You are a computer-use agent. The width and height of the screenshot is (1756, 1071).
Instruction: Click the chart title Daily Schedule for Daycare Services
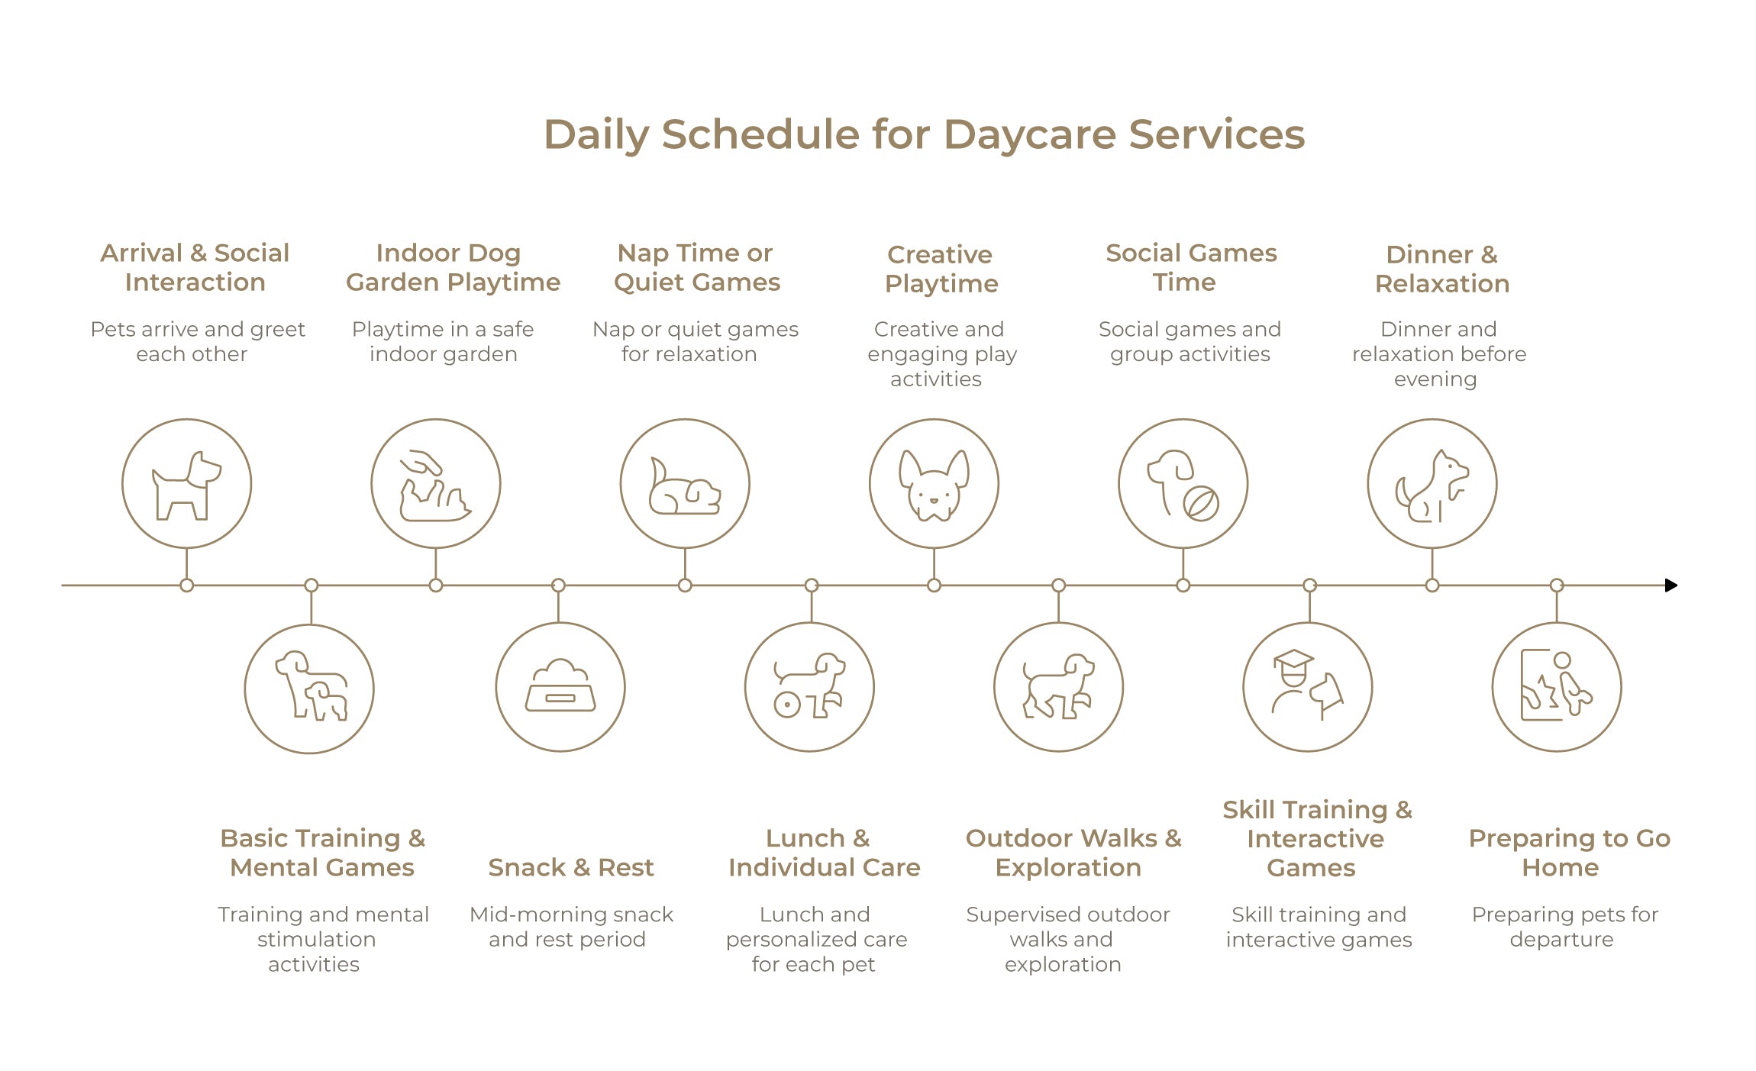click(924, 134)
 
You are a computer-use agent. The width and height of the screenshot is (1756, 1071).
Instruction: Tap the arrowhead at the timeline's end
click(1671, 586)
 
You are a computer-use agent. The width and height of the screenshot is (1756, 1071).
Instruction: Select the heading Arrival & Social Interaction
click(195, 267)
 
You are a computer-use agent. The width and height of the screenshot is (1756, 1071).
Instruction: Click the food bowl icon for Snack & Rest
click(560, 686)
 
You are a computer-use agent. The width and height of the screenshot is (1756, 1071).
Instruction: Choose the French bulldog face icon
click(934, 485)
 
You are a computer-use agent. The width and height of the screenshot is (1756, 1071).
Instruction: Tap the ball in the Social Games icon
click(1201, 503)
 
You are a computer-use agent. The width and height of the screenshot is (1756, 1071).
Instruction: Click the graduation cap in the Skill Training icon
click(1293, 659)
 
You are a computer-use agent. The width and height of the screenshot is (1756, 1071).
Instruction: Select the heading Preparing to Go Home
click(1569, 853)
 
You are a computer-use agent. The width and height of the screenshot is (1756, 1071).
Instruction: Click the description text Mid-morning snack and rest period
click(571, 927)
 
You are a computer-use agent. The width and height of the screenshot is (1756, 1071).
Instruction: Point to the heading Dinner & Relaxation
click(1442, 269)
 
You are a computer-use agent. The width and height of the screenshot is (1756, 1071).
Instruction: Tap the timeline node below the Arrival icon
click(187, 586)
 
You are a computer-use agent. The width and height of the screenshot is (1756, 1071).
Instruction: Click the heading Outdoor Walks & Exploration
click(1073, 853)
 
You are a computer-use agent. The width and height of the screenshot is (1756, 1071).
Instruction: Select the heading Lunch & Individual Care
click(825, 853)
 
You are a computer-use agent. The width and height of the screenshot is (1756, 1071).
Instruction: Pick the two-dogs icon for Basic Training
click(311, 686)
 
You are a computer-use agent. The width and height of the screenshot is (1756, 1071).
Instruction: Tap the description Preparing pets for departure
click(1565, 927)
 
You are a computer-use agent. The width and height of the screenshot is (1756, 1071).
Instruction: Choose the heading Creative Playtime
click(941, 269)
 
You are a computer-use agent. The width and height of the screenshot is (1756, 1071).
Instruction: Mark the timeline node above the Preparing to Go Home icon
click(1557, 586)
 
